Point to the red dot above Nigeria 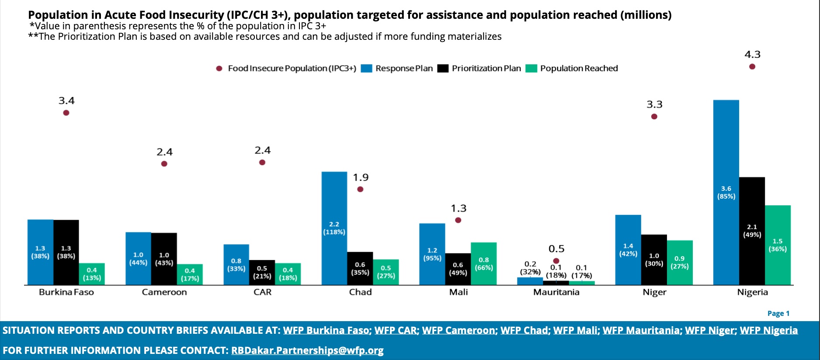(x=752, y=67)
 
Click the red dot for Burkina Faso (x=66, y=113)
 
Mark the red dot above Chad (x=360, y=189)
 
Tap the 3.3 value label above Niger (x=654, y=104)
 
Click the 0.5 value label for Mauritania (x=556, y=249)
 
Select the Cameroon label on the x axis (x=164, y=292)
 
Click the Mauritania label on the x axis (x=556, y=292)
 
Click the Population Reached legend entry (x=572, y=69)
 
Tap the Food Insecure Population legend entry (x=286, y=69)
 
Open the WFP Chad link (x=524, y=331)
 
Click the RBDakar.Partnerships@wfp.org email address (x=307, y=350)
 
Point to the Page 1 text (x=778, y=313)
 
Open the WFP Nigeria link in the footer (x=768, y=331)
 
